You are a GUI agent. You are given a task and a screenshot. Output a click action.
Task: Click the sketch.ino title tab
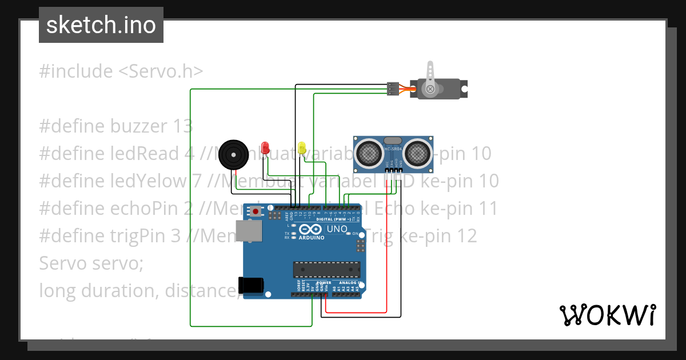101,25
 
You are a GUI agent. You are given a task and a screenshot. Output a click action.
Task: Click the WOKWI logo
607,315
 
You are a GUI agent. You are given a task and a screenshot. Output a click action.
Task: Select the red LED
265,147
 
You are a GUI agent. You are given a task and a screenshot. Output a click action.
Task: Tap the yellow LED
302,147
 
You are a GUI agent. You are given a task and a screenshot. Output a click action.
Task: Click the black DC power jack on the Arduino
251,285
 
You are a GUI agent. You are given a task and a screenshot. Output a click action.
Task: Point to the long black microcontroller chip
326,269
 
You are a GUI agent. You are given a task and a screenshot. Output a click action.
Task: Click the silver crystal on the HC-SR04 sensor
393,141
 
